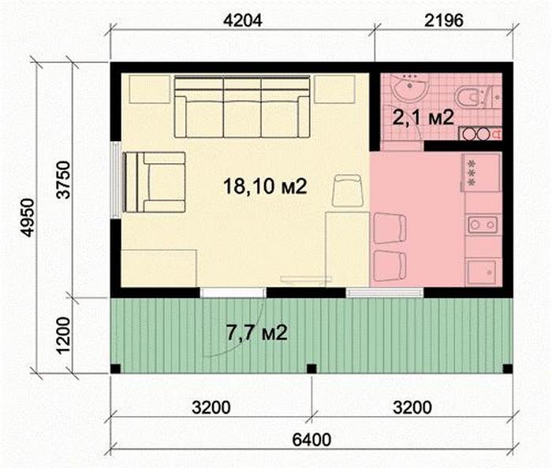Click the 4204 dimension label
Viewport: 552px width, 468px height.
click(x=243, y=20)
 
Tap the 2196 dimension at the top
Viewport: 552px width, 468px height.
click(x=443, y=20)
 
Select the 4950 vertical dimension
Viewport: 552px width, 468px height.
click(x=28, y=217)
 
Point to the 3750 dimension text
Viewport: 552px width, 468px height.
click(x=64, y=180)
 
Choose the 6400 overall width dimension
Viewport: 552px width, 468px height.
click(x=312, y=440)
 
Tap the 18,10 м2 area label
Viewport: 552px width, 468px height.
click(x=265, y=186)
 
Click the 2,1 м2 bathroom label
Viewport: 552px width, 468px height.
click(x=423, y=117)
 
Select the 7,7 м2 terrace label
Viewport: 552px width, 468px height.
click(x=257, y=332)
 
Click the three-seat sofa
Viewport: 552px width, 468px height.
click(x=242, y=106)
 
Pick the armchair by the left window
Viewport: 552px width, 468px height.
click(x=155, y=182)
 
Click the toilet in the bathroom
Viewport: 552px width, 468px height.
click(x=471, y=96)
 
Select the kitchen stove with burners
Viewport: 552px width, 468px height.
click(x=480, y=173)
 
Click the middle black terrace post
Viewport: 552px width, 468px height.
click(x=311, y=369)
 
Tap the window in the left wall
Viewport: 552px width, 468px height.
click(x=116, y=180)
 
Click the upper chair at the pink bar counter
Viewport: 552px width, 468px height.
click(x=390, y=228)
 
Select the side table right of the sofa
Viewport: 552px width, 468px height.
click(x=334, y=89)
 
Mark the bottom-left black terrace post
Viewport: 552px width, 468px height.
click(x=115, y=369)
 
